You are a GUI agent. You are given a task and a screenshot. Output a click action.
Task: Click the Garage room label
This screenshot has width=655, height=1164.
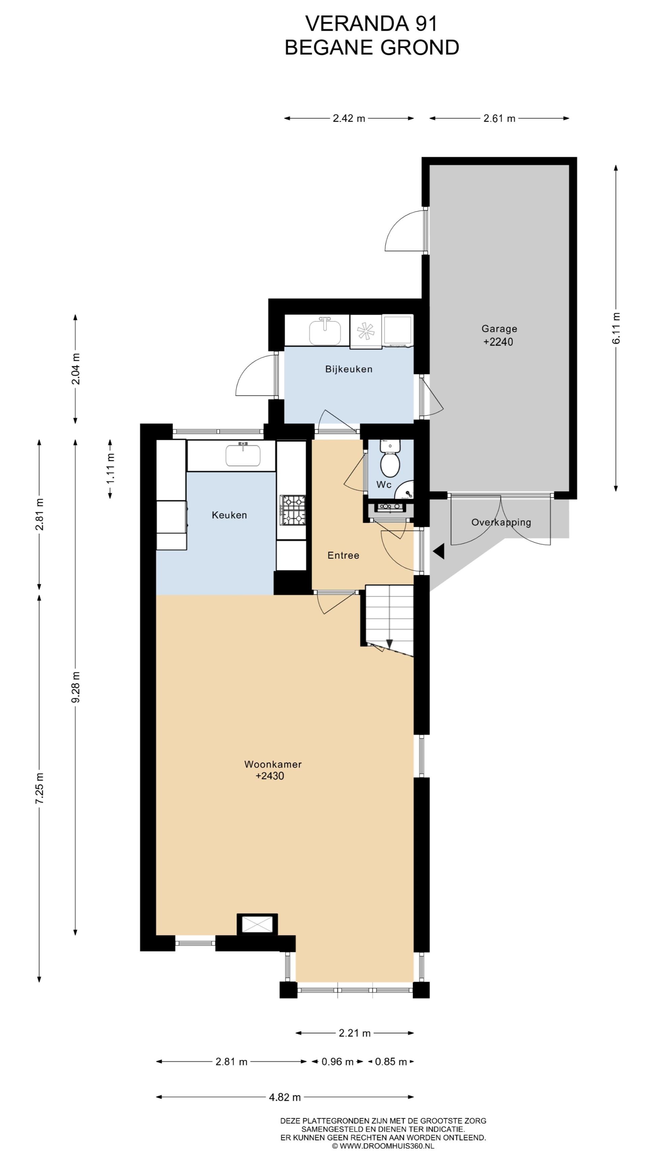pos(499,328)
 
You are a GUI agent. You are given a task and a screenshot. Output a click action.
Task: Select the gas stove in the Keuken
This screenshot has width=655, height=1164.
pos(293,510)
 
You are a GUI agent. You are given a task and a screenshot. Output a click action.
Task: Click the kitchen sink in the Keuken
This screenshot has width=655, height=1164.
pos(243,455)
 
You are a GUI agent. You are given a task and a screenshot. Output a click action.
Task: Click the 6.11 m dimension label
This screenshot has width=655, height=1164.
pos(616,328)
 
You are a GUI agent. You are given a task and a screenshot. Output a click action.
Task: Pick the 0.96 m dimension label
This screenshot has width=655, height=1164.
pos(337,1061)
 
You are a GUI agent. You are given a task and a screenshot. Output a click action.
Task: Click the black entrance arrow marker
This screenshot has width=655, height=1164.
pos(438,551)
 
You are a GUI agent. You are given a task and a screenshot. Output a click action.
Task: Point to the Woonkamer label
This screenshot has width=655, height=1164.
pos(273,764)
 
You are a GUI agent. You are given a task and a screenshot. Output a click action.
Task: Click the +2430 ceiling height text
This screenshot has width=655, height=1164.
pos(270,776)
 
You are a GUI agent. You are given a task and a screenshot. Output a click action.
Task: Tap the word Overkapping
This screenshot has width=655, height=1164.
pos(501,522)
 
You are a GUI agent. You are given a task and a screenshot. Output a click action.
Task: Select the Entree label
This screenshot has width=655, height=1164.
pos(343,555)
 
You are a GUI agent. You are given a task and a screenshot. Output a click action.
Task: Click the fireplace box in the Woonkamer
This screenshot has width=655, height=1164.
pos(257,924)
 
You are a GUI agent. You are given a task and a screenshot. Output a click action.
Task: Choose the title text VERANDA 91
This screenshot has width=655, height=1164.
pos(372,24)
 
